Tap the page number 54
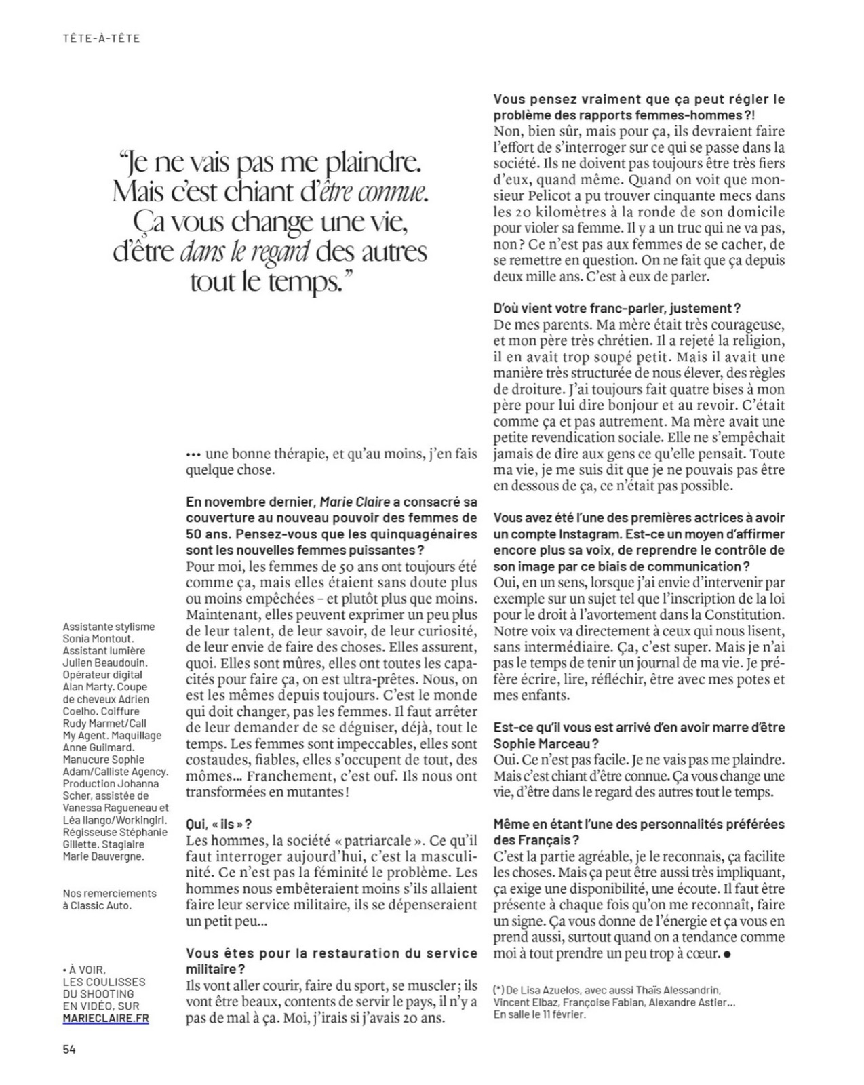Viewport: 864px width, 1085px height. click(x=69, y=1049)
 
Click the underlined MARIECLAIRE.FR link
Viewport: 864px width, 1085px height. click(x=105, y=1019)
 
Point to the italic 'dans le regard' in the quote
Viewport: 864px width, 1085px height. click(x=246, y=252)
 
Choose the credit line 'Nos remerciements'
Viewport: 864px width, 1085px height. click(x=109, y=893)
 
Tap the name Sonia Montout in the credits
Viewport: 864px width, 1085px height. click(x=99, y=639)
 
